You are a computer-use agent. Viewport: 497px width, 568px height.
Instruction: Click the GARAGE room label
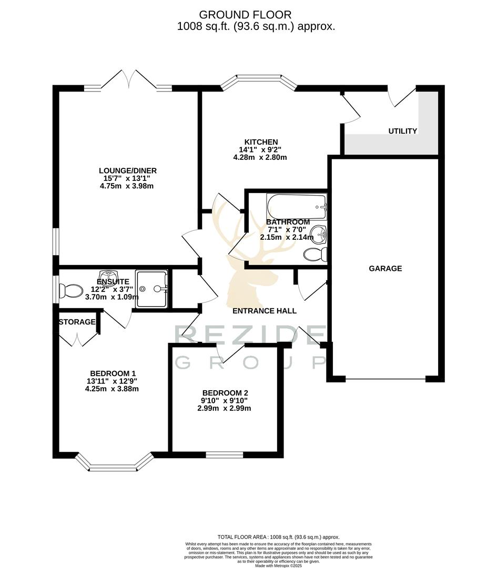385,268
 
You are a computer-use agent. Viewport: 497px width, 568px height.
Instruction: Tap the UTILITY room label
402,131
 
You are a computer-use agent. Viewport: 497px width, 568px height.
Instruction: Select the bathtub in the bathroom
297,207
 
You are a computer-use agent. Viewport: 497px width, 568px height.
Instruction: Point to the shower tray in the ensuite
151,288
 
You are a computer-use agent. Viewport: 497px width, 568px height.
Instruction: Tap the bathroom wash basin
319,233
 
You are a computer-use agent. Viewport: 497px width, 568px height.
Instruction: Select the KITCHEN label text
261,142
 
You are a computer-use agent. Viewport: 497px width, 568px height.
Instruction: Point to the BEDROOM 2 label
225,393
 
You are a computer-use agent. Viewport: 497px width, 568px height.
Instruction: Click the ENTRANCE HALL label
265,311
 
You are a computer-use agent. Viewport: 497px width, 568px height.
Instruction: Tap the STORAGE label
77,322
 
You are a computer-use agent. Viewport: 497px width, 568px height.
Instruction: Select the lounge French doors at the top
128,82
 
